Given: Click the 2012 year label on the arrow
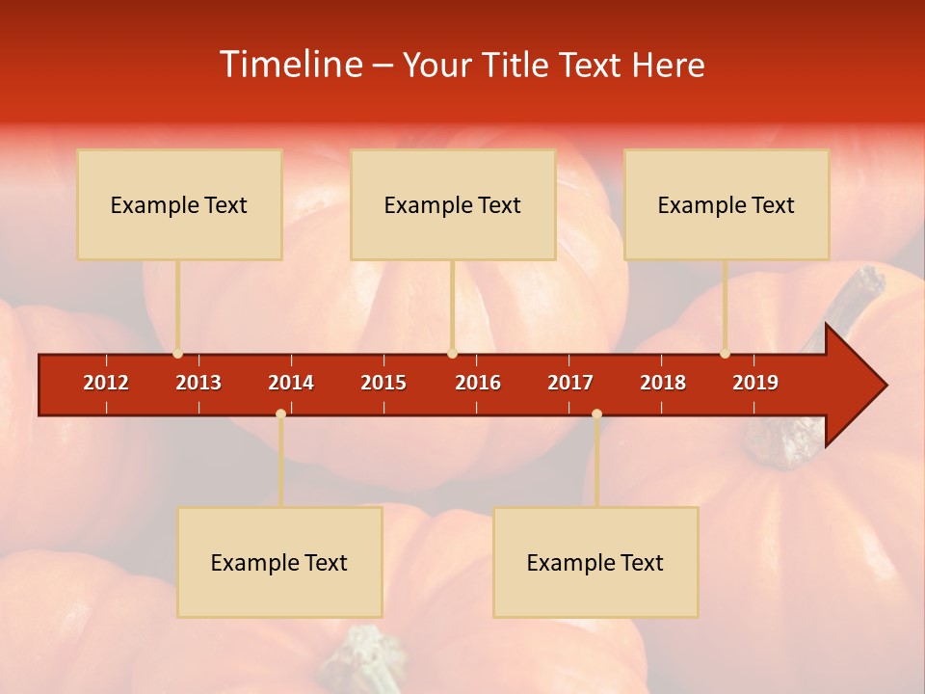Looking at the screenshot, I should [106, 383].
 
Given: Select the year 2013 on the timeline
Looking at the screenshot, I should [198, 383].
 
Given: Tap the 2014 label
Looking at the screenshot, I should [291, 383].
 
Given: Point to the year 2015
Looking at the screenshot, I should [383, 383].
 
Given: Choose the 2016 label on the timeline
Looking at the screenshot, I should [478, 383].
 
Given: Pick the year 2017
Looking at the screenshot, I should [570, 383].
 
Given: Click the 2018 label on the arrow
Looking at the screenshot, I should [663, 383].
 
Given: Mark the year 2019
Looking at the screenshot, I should [755, 383].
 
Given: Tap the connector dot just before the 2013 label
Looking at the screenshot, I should [177, 354].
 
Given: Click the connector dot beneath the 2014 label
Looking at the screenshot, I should [280, 414].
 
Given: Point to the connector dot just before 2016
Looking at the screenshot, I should [452, 354].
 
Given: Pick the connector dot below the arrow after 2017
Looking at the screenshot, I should [596, 414].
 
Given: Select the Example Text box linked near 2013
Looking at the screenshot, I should [179, 204].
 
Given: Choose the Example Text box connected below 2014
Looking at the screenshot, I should [279, 562].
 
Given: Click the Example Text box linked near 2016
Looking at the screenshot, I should [453, 204].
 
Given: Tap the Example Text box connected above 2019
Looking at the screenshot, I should [727, 204].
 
